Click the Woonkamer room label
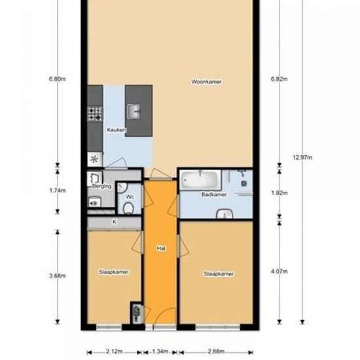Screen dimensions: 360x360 click(x=206, y=82)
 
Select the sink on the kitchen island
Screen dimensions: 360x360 click(x=135, y=112)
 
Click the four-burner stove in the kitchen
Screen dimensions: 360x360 click(x=96, y=114)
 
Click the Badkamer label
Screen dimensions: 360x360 click(x=213, y=194)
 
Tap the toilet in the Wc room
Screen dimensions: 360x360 click(x=129, y=208)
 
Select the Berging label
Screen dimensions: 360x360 click(x=103, y=187)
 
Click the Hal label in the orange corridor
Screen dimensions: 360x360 click(x=160, y=249)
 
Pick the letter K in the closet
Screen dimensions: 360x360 click(x=114, y=222)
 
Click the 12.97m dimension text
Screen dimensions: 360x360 click(x=302, y=158)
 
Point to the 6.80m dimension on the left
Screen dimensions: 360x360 click(x=58, y=79)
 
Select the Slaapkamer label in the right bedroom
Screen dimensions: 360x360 click(x=219, y=274)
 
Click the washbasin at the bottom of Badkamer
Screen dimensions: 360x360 click(x=226, y=213)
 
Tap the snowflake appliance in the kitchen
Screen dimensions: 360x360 click(x=94, y=159)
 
